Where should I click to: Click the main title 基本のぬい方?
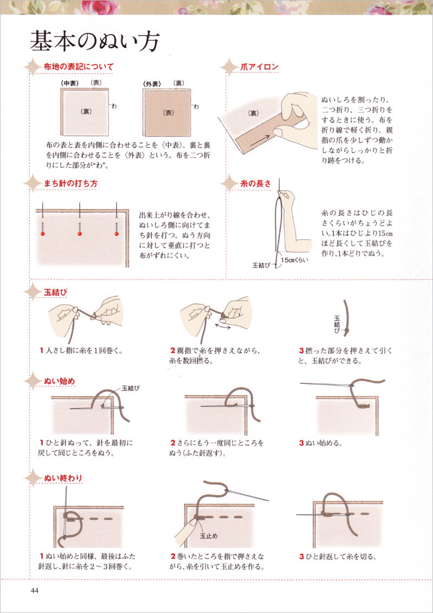(95, 41)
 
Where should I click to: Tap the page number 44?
(35, 591)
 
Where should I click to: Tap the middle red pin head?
(80, 234)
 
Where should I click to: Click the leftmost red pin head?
(43, 234)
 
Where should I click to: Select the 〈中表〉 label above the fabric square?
(70, 83)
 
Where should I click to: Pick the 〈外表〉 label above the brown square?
(152, 83)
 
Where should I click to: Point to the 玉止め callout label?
(209, 536)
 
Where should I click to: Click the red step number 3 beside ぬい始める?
(301, 443)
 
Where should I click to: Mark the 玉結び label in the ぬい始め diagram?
(130, 388)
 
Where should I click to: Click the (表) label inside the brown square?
(168, 113)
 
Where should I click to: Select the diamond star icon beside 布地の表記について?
(32, 67)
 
